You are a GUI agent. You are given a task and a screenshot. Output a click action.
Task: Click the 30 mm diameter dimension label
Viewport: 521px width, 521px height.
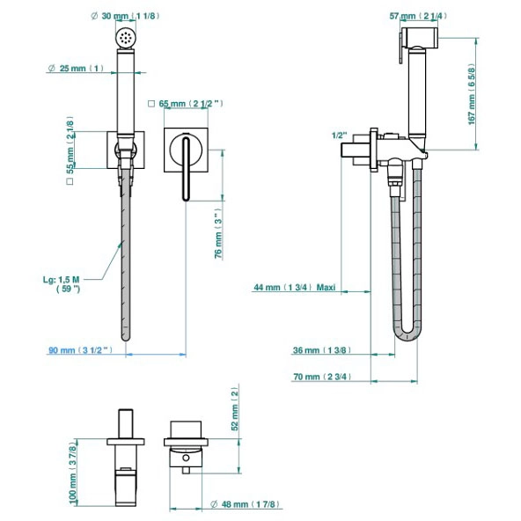[x=125, y=16]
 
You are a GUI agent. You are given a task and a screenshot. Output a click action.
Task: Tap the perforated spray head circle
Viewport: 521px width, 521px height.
[x=126, y=38]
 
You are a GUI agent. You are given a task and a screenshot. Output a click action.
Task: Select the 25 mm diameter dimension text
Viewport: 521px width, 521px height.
[x=76, y=69]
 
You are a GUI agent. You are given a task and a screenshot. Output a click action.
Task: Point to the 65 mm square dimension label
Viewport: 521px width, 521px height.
[x=186, y=104]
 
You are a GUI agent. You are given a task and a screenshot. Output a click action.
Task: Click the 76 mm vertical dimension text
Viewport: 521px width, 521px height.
[x=218, y=233]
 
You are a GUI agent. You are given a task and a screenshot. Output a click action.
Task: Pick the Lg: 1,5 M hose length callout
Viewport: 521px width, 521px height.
[x=62, y=284]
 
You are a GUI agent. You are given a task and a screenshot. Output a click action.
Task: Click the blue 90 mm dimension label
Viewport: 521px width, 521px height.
[x=81, y=350]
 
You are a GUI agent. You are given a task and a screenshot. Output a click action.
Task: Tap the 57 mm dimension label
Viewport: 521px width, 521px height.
[x=418, y=16]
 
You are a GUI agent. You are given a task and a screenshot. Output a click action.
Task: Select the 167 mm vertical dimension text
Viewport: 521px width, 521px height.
[x=472, y=94]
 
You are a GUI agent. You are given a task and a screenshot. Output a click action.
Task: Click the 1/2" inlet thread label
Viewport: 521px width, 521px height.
[x=339, y=136]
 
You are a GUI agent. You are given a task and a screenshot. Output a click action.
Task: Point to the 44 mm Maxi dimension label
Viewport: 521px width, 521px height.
[x=295, y=287]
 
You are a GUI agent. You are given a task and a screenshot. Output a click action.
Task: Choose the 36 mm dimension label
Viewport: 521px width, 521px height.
[x=322, y=350]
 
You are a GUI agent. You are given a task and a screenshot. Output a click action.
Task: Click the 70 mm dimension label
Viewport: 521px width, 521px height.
[x=322, y=377]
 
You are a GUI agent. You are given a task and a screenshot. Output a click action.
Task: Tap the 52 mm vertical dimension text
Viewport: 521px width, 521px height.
[x=235, y=408]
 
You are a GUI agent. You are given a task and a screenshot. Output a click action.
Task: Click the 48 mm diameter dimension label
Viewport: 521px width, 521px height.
[x=246, y=504]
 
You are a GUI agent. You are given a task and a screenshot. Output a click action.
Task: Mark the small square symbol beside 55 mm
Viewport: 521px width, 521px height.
[x=70, y=181]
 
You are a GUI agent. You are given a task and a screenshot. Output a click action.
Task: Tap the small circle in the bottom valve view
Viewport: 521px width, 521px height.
[x=186, y=458]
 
